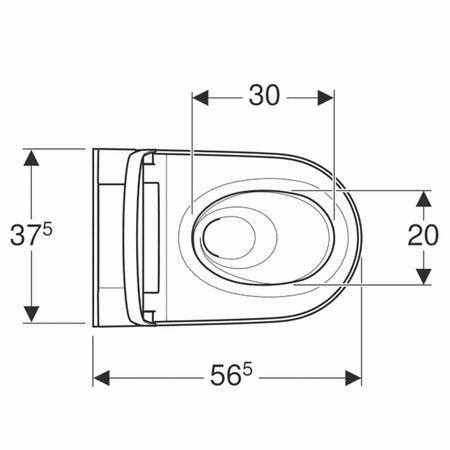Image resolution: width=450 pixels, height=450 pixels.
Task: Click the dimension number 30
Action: coord(264,96)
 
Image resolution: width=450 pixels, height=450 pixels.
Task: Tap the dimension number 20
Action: coord(423,235)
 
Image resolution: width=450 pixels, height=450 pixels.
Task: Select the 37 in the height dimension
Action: coord(25,235)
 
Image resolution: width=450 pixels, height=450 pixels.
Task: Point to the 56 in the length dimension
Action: coord(225,375)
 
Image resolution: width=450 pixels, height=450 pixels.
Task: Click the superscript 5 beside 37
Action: coord(48,229)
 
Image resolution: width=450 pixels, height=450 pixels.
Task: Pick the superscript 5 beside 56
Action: coord(247,369)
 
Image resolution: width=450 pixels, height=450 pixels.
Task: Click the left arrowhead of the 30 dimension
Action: coord(201,98)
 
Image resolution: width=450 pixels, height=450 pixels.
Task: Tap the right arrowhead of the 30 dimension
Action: coord(325,98)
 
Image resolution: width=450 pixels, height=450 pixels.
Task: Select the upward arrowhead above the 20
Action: coord(423,199)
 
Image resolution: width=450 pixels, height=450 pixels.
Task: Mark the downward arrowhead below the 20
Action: coord(423,276)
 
